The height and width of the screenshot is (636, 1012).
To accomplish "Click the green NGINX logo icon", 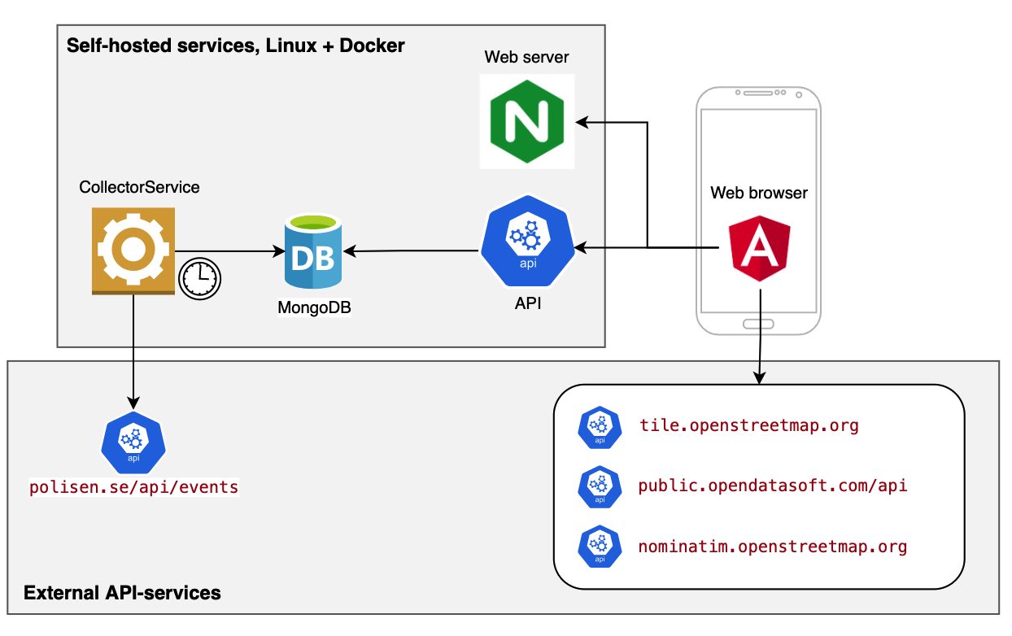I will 527,121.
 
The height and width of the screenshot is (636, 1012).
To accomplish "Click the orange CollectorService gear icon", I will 133,250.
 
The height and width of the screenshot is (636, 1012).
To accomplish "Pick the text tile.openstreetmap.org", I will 748,425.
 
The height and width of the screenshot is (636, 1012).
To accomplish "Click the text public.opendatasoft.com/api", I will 773,486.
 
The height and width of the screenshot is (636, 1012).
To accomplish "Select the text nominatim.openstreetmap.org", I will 772,547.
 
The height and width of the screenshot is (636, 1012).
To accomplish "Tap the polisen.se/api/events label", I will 133,488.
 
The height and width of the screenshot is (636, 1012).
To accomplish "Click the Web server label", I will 527,57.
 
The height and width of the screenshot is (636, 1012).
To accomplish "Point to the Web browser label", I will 759,193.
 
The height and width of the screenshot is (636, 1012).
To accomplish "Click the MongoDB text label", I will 313,308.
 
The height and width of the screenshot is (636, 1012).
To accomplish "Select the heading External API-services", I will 122,593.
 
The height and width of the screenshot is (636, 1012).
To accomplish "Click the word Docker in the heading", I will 371,46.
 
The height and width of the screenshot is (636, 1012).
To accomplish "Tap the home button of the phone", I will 759,325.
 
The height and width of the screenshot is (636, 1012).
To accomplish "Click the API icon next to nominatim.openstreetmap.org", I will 600,547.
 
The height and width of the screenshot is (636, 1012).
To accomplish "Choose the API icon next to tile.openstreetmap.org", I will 600,426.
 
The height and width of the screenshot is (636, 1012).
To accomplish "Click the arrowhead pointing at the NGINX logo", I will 581,122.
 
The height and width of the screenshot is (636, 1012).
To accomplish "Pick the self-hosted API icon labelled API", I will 527,242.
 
